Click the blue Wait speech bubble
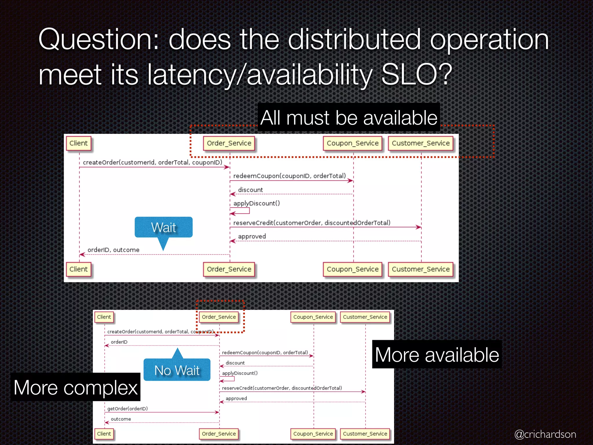[164, 227]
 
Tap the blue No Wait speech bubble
[177, 370]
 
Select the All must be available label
[349, 118]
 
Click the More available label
[437, 355]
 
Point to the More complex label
[76, 387]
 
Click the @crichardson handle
[545, 434]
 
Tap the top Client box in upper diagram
[78, 143]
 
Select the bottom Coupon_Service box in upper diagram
[353, 269]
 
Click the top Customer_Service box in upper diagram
[421, 143]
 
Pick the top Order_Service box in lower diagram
[219, 317]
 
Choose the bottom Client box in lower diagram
[104, 434]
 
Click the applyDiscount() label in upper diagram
[257, 203]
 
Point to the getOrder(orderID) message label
[127, 408]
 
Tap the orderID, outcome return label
[114, 250]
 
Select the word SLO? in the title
[416, 74]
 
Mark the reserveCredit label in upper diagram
[312, 223]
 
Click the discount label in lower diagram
[235, 363]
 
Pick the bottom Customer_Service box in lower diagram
[365, 434]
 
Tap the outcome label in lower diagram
[121, 419]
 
